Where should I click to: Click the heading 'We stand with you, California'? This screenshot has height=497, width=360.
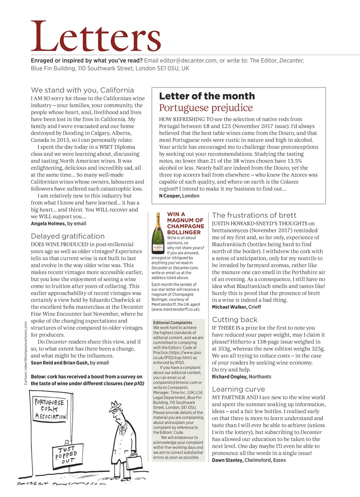(x=82, y=90)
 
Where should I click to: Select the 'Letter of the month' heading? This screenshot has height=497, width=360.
(x=207, y=96)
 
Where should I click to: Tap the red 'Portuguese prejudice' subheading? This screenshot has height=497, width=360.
(x=206, y=108)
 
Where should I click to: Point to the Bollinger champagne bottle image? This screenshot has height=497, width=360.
(x=157, y=233)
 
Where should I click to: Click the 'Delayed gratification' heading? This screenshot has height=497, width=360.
(x=68, y=236)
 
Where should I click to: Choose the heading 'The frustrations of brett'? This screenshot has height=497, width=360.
(x=254, y=215)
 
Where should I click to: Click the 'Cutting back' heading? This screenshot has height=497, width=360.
(x=235, y=320)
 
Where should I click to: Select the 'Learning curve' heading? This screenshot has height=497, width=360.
(x=238, y=389)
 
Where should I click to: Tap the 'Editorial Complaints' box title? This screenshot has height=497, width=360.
(x=172, y=323)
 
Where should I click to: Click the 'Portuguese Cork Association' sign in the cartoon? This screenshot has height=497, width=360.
(x=50, y=409)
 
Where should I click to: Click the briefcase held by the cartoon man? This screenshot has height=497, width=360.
(x=131, y=461)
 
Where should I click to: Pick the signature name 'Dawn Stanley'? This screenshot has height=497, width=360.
(x=227, y=460)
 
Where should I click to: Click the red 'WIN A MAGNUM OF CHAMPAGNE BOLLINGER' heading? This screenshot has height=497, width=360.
(x=185, y=223)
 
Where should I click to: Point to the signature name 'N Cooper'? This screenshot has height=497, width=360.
(x=170, y=196)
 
